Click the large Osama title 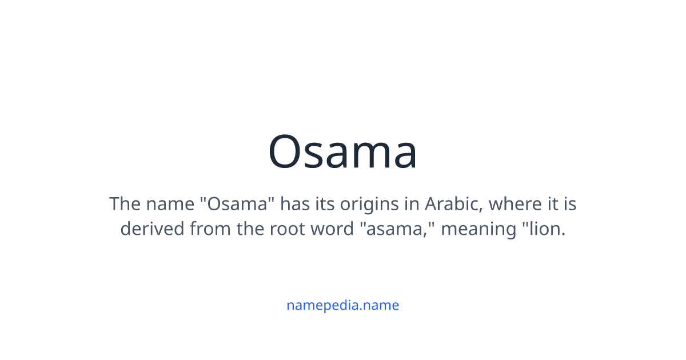[x=343, y=152]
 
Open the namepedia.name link [x=342, y=305]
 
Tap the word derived [x=152, y=229]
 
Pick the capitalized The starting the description [x=125, y=203]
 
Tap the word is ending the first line [x=569, y=203]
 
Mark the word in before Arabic [x=412, y=203]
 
